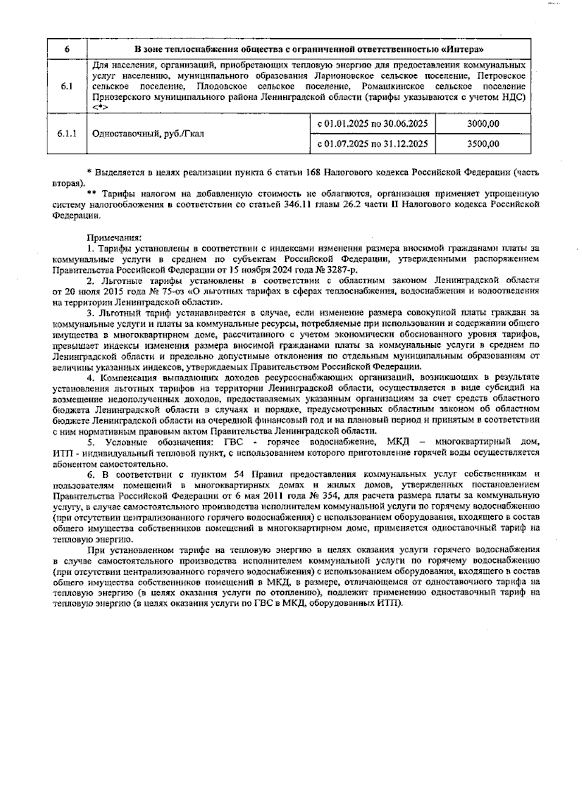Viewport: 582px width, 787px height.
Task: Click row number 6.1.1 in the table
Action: pos(66,134)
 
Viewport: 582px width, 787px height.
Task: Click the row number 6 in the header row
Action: pos(66,49)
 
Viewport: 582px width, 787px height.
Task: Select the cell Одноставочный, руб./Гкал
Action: pos(148,134)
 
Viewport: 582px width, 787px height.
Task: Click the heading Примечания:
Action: pos(113,238)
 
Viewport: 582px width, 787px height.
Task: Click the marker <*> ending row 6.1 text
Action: pos(100,107)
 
